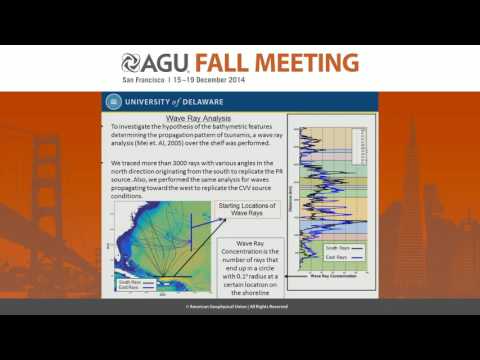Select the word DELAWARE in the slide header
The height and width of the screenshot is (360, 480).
click(x=203, y=101)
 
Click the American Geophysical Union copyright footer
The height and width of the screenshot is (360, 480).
click(x=240, y=307)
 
